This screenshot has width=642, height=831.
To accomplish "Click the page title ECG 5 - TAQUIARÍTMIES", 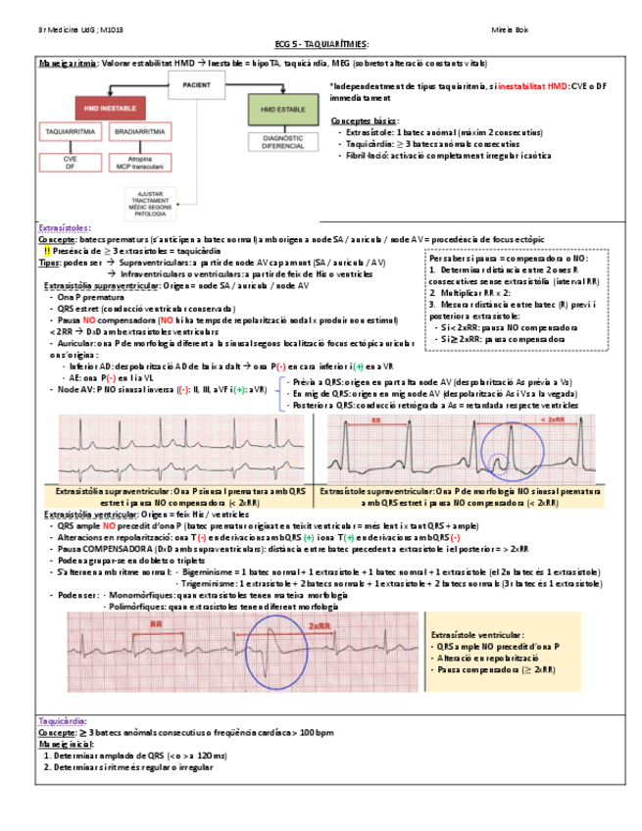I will pos(321,45).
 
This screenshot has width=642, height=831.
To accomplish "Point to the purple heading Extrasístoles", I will pos(63,227).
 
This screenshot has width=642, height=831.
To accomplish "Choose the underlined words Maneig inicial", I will pos(66,744).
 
